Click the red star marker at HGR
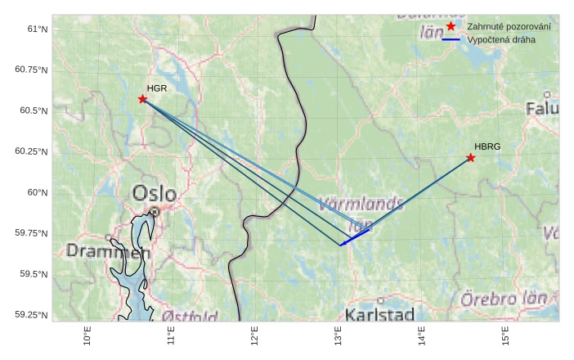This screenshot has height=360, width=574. coord(142,99)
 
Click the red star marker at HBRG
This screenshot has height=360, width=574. coord(471,157)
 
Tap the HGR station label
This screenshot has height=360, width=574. coord(157,88)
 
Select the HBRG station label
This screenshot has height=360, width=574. coord(487,146)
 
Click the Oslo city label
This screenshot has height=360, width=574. coord(154,194)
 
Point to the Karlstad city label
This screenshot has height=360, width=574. coord(379,314)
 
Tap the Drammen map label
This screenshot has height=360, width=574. coord(109,251)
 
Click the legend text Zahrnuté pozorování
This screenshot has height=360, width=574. coord(509,27)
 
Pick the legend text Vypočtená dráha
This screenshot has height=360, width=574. coord(501,39)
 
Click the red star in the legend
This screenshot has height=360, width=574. coord(451,27)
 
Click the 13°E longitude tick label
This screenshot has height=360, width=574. coord(338,336)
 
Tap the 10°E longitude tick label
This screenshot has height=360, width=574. coord(87,336)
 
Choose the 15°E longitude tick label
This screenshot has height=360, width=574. coord(504,336)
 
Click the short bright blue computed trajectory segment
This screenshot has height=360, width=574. coord(354,236)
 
